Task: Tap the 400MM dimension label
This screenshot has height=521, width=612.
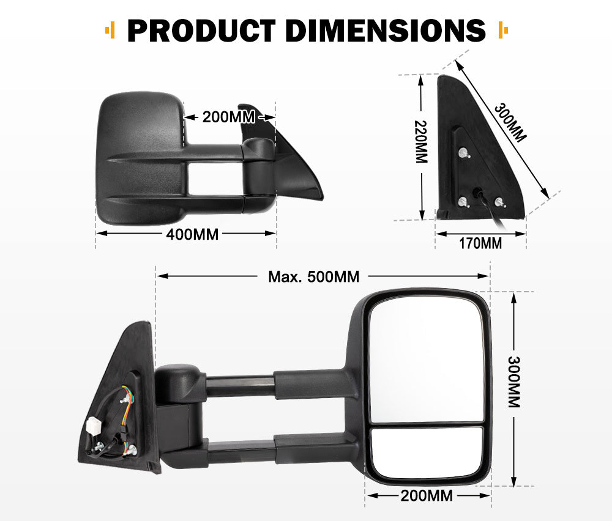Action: [192, 234]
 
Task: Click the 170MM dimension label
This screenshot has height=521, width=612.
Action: [480, 243]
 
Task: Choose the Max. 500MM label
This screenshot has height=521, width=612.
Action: [313, 276]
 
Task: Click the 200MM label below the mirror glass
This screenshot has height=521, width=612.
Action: [427, 495]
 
